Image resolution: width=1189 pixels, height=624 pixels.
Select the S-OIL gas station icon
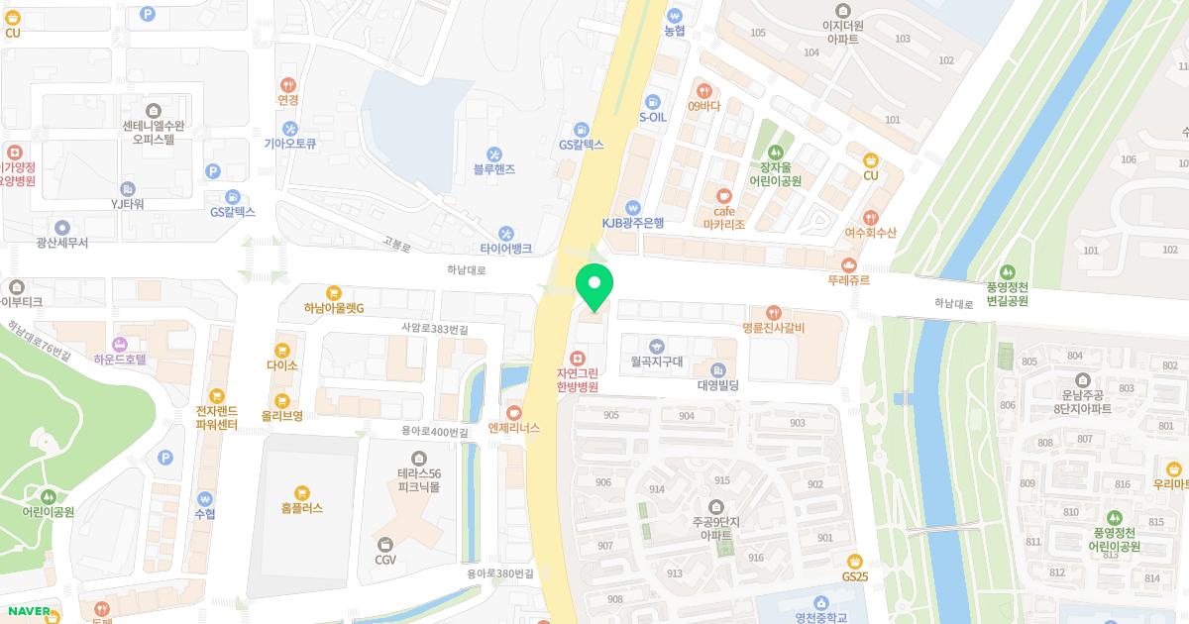click(652, 101)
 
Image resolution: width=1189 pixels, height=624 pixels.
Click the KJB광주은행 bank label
click(632, 223)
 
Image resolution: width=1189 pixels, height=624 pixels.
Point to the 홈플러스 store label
click(302, 509)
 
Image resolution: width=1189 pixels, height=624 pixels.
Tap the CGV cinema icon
click(385, 544)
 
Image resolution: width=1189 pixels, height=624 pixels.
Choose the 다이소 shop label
click(282, 365)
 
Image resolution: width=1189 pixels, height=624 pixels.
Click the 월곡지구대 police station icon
click(656, 346)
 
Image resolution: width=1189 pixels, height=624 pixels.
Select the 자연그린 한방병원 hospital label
click(577, 379)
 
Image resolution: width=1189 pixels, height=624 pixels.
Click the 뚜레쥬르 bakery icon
click(848, 264)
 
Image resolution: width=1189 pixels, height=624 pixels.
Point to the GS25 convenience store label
click(854, 576)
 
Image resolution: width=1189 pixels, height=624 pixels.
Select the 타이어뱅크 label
click(506, 249)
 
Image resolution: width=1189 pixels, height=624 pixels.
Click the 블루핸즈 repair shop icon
click(493, 154)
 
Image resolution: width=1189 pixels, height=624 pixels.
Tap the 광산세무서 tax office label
click(61, 243)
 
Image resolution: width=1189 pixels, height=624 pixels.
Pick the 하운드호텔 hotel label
click(120, 360)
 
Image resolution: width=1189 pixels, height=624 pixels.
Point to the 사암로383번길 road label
click(434, 328)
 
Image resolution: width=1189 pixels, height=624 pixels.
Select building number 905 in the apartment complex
click(610, 415)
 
